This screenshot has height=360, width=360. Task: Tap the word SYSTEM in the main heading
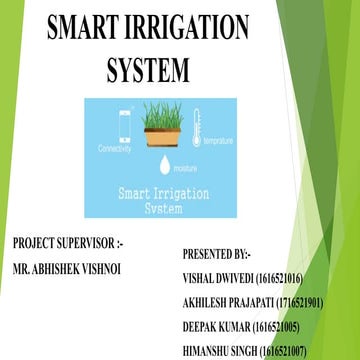click(x=147, y=69)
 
